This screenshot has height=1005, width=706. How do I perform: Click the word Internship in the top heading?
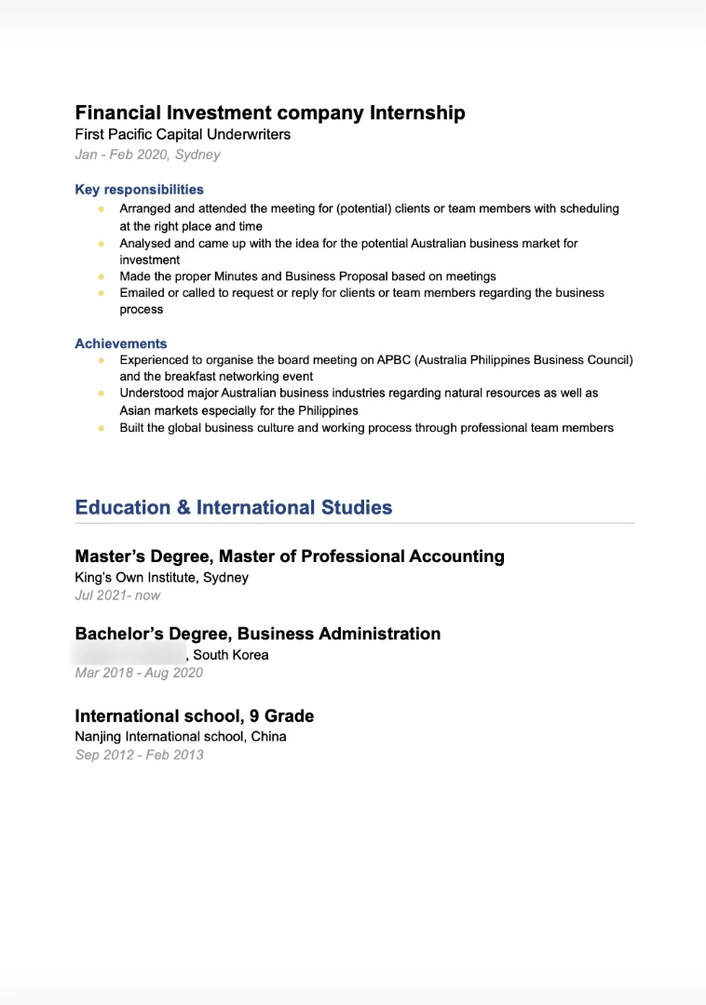(x=417, y=114)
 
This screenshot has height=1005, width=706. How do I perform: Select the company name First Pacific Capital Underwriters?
(x=183, y=135)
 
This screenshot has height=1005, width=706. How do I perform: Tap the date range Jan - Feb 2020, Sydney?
(x=147, y=154)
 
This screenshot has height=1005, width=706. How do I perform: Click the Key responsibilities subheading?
(x=139, y=190)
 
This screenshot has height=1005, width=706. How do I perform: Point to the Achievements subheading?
(x=121, y=343)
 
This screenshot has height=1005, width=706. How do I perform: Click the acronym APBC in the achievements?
(x=395, y=360)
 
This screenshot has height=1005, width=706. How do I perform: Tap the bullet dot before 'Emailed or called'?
(x=101, y=293)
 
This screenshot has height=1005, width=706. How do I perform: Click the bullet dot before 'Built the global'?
(x=101, y=428)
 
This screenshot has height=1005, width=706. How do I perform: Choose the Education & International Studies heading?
(x=233, y=508)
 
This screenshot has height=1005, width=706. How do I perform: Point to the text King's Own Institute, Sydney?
(x=161, y=578)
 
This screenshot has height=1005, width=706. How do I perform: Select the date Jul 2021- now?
(x=117, y=596)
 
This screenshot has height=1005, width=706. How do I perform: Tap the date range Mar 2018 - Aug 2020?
(x=139, y=673)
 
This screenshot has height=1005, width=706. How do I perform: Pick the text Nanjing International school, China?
(x=180, y=737)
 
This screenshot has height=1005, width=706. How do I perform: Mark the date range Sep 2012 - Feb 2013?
(x=139, y=755)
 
